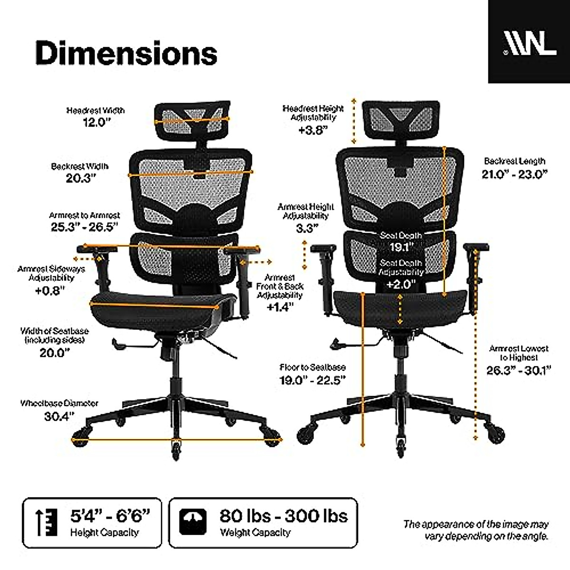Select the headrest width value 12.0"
coord(95,123)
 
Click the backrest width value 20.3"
coord(81,179)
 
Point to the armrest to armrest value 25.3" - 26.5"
coord(85,227)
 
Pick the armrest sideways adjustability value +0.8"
coord(50,290)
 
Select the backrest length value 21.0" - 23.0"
coord(515,174)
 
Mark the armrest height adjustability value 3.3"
coord(306,228)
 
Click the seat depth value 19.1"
coord(400,247)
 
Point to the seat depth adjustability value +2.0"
coord(400,285)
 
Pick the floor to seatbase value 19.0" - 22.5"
coord(313,380)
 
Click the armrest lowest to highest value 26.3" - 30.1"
coord(518,370)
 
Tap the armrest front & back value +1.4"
coord(280,307)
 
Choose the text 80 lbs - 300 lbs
coord(283,516)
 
